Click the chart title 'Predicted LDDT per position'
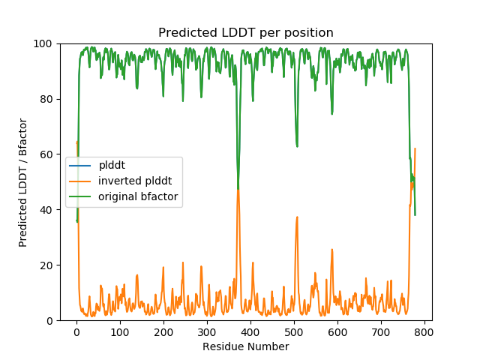click(245, 33)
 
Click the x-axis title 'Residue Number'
click(245, 346)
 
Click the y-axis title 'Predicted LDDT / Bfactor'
click(23, 182)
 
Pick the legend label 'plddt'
click(112, 166)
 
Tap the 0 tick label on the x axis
click(76, 331)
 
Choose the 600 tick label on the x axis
click(337, 331)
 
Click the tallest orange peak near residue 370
click(238, 190)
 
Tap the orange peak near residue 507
click(297, 217)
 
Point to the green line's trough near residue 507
click(297, 146)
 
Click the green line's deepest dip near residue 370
click(238, 189)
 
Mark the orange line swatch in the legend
click(80, 182)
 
